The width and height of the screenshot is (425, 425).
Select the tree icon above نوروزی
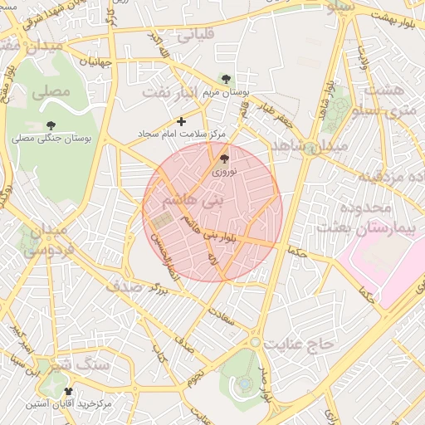[x=225, y=158]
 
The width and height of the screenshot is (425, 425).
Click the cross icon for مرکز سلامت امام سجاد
[x=182, y=121]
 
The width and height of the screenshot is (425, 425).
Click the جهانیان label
[x=96, y=61]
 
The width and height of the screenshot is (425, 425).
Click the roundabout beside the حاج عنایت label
[x=255, y=342]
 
